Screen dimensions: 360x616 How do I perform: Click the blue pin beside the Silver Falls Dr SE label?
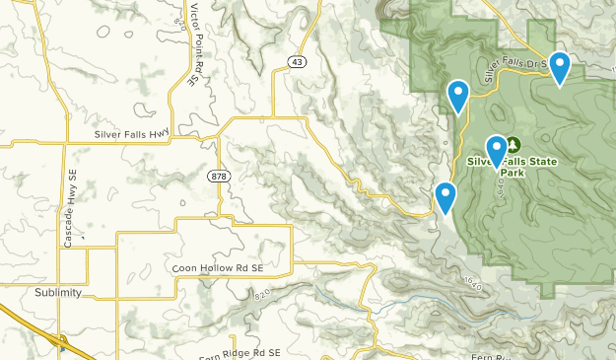pyautogui.click(x=560, y=68)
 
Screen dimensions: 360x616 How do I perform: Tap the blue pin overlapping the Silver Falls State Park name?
pyautogui.click(x=497, y=151)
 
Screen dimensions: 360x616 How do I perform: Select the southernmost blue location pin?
pyautogui.click(x=445, y=197)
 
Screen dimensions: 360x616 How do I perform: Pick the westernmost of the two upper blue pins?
pyautogui.click(x=458, y=96)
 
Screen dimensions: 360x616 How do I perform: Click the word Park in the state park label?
pyautogui.click(x=512, y=173)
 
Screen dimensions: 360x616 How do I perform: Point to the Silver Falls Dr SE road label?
pyautogui.click(x=513, y=64)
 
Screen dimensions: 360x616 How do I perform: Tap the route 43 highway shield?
pyautogui.click(x=297, y=62)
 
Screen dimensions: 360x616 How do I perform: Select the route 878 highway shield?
pyautogui.click(x=218, y=176)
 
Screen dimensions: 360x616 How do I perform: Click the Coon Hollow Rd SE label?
pyautogui.click(x=218, y=268)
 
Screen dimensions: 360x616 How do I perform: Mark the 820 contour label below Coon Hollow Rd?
pyautogui.click(x=261, y=295)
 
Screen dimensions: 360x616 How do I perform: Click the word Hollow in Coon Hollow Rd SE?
pyautogui.click(x=218, y=268)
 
